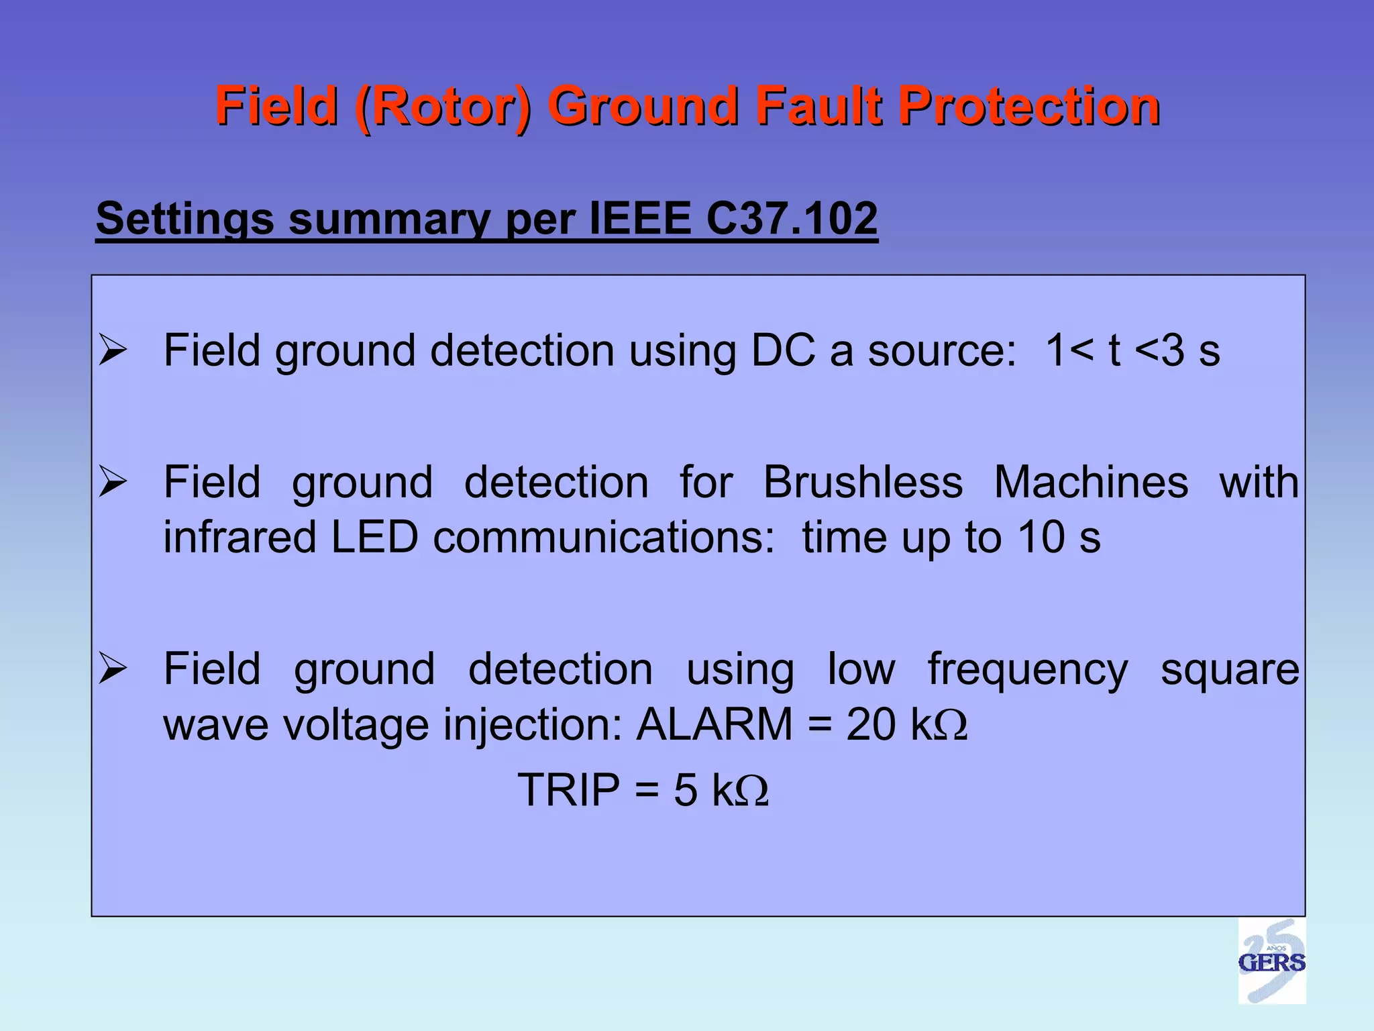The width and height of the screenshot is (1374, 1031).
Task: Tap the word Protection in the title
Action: pos(1028,107)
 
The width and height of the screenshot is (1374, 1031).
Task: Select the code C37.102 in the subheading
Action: pos(792,219)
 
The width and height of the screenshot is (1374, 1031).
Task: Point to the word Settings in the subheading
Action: pos(184,220)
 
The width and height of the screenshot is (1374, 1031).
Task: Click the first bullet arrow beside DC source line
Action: pos(112,351)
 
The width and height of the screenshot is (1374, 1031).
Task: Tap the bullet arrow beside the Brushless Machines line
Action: pos(112,482)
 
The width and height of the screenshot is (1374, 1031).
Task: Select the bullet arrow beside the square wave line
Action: pos(112,669)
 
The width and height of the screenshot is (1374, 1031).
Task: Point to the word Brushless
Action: pos(863,482)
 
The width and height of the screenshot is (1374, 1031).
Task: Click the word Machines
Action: pos(1091,482)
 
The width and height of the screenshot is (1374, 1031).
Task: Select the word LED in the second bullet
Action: pos(374,537)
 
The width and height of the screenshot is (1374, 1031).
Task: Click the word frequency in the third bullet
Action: pos(1028,670)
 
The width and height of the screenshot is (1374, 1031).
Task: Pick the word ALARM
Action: pos(714,724)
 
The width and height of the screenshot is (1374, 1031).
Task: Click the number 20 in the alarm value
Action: pos(870,724)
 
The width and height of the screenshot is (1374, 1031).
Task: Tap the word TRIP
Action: pos(568,789)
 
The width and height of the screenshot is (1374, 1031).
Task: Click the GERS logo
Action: pos(1271,961)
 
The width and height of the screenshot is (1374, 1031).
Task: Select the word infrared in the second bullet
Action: pos(240,537)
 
